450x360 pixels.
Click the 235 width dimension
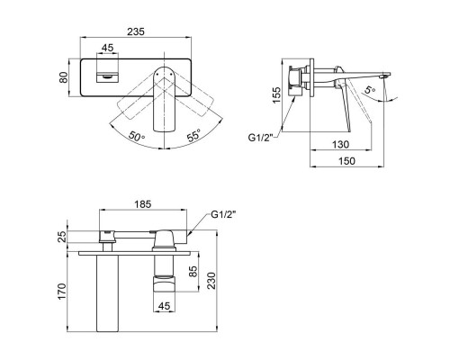tap(136, 31)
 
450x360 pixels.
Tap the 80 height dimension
tap(64, 77)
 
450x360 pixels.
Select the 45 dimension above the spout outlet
tap(107, 48)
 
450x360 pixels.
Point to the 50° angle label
tap(137, 137)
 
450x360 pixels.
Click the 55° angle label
tap(193, 136)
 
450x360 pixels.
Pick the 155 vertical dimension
tap(276, 94)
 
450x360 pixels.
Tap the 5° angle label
tap(370, 89)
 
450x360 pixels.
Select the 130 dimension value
tap(340, 144)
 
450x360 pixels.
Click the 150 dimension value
tap(346, 161)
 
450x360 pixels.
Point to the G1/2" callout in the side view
tap(260, 138)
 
